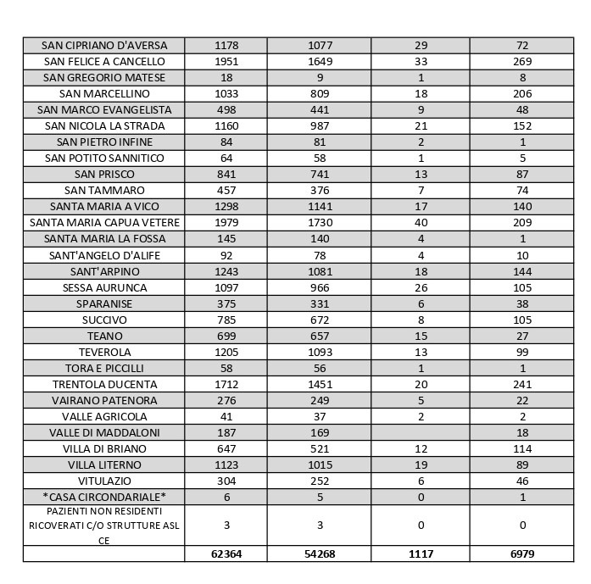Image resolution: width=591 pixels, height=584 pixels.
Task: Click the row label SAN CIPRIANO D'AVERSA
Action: pos(104,45)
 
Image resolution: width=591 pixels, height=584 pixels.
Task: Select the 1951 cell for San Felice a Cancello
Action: pos(226,61)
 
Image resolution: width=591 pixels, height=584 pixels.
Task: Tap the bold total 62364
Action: pos(226,553)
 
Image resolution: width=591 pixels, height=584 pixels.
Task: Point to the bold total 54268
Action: pos(320,553)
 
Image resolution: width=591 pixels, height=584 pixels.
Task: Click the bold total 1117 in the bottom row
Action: pos(421,553)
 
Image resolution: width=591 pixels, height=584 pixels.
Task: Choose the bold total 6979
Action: pos(522,553)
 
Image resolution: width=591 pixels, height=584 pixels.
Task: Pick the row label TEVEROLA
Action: pos(104,352)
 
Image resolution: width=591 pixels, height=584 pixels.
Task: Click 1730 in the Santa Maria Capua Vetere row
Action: pos(320,223)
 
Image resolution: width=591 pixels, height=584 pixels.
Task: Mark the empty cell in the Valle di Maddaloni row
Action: pos(421,432)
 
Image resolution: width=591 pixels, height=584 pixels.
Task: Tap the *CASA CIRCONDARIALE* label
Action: pos(104,497)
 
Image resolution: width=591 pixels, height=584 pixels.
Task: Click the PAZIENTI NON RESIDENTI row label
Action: pos(104,526)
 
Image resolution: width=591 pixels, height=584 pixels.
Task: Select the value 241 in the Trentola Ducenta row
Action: pos(522,384)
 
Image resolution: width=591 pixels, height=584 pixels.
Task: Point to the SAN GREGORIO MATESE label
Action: pos(104,77)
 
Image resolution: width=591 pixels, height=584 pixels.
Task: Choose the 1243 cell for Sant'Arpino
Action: pos(226,271)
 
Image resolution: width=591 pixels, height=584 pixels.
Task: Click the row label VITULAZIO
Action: pos(104,481)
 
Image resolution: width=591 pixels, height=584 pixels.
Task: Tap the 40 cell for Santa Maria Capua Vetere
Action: pos(421,223)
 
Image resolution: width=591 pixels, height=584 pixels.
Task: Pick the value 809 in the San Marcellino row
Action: pos(320,93)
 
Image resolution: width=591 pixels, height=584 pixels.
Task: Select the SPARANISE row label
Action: pos(104,303)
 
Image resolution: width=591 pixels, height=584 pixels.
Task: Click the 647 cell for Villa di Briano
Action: pos(226,448)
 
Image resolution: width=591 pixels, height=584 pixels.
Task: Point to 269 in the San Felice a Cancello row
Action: pos(522,61)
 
